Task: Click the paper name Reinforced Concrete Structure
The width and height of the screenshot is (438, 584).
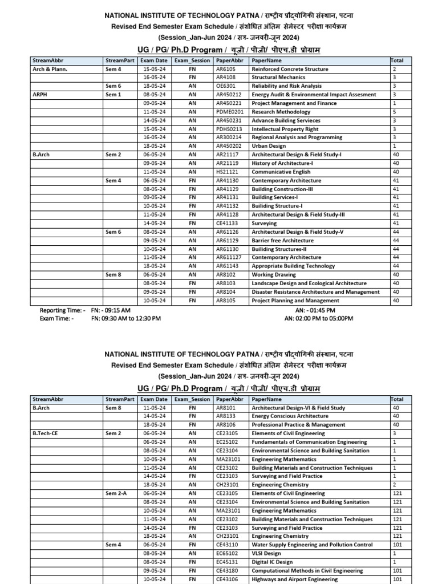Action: tap(290, 69)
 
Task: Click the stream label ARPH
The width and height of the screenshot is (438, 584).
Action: tap(40, 95)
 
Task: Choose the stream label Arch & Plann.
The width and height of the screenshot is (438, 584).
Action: tap(50, 69)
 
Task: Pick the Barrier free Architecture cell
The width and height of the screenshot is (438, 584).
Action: tap(282, 240)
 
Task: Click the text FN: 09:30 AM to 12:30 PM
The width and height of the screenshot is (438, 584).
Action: tap(126, 318)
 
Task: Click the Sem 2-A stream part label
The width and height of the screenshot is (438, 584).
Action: tap(117, 493)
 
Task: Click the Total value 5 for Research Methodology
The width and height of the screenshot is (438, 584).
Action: tap(395, 112)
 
